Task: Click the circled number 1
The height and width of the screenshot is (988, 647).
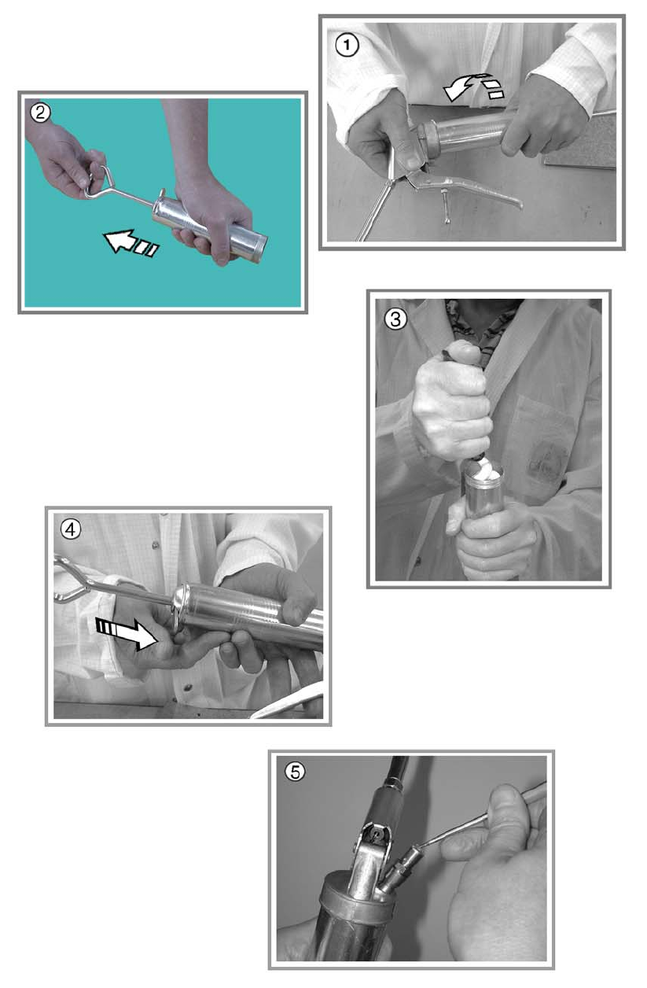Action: (x=347, y=46)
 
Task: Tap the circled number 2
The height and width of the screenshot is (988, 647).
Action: (x=40, y=112)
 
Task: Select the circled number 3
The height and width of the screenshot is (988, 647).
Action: (x=395, y=319)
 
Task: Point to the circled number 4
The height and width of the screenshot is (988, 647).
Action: (x=71, y=529)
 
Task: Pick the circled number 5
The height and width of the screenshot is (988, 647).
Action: (x=295, y=772)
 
